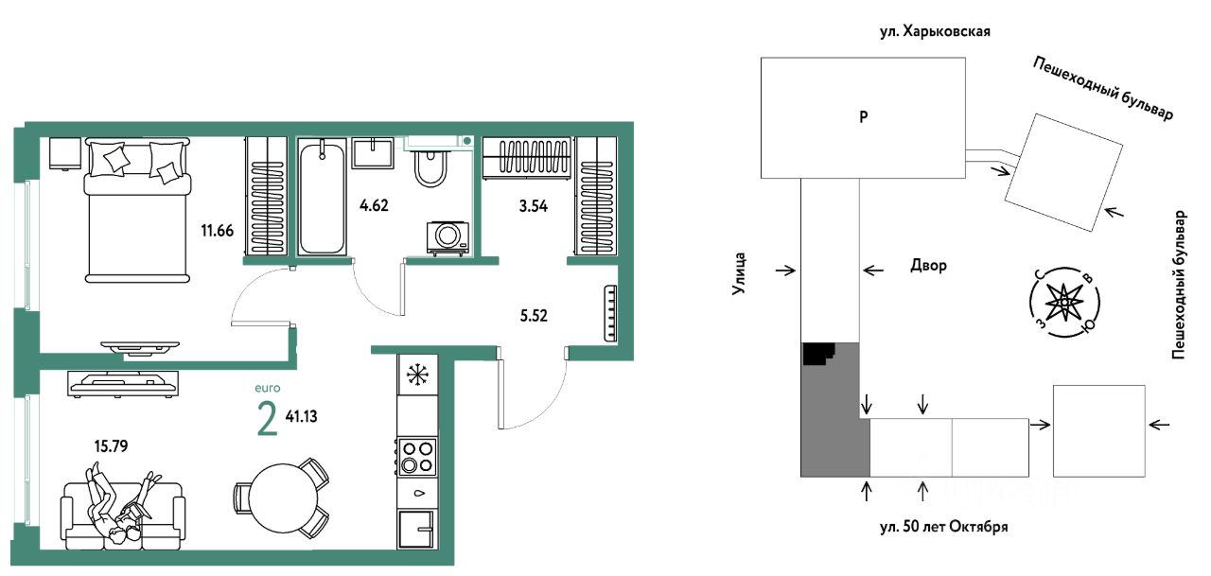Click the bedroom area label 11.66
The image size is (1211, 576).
218,231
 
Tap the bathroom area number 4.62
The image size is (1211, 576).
374,205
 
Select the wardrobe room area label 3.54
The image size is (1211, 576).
533,206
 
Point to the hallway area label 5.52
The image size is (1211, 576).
534,316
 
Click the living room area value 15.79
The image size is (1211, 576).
111,446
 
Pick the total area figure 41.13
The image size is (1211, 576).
301,416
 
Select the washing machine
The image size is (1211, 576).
448,237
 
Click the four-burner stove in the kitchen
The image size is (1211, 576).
417,457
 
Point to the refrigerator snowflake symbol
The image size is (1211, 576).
417,375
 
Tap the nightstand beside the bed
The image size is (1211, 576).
65,153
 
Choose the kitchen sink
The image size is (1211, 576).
417,530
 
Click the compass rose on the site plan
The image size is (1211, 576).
1064,303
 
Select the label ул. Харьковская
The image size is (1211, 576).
936,31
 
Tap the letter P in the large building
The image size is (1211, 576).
864,116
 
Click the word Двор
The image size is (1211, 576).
929,266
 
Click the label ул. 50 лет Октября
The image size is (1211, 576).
944,527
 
